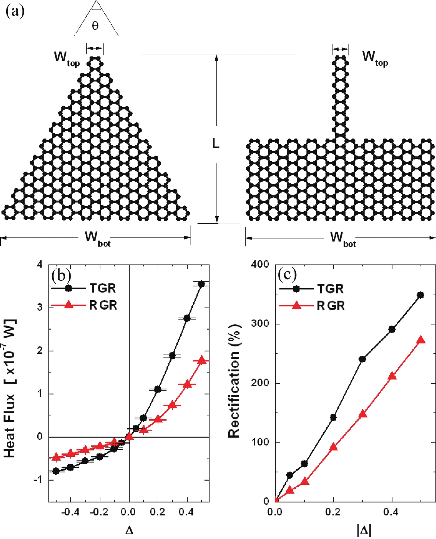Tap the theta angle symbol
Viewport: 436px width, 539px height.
[95, 26]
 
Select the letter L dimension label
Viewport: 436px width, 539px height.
[216, 143]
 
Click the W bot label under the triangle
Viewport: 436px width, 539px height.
[97, 238]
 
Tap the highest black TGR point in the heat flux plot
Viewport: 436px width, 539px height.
[202, 284]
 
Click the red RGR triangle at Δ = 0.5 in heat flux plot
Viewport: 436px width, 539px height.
[202, 360]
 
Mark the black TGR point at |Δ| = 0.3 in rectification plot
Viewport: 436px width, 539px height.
[362, 359]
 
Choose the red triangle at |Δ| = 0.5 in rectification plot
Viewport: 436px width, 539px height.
[421, 340]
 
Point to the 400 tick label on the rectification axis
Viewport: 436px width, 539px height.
[260, 264]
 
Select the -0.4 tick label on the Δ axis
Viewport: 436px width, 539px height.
[70, 512]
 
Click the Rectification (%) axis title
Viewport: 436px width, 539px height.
[234, 382]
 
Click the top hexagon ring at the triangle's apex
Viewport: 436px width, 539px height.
[95, 63]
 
